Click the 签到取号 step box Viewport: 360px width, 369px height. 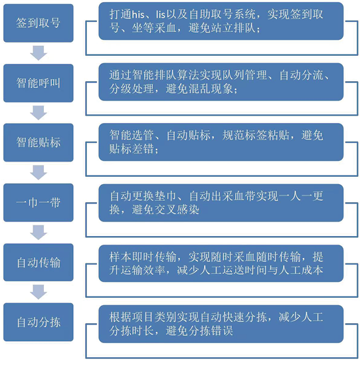point(39,23)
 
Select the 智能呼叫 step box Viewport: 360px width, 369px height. point(39,83)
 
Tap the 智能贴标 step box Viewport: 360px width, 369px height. point(39,142)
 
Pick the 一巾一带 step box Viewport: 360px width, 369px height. point(39,203)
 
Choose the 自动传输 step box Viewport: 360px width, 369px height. point(39,263)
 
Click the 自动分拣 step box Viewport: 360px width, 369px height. point(39,322)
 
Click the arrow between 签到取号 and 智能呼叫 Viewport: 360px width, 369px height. point(39,53)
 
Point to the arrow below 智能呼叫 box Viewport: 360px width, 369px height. point(39,113)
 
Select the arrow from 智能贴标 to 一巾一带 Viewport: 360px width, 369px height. point(39,172)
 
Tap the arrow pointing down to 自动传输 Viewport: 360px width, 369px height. point(39,233)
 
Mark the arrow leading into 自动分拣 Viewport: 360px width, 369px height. point(39,292)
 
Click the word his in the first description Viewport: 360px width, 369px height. point(138,15)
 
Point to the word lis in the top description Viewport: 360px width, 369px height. point(161,15)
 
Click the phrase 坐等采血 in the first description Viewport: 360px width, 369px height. point(154,28)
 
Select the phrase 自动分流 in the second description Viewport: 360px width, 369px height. point(302,75)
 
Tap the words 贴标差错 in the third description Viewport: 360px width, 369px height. point(132,149)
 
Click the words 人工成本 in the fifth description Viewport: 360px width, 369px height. point(301,270)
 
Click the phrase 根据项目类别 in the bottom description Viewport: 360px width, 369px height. point(143,317)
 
